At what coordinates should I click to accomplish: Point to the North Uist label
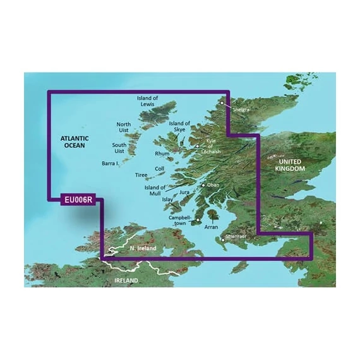coord(126,128)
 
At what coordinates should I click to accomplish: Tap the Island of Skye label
coord(179,127)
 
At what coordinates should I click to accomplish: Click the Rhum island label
coord(161,153)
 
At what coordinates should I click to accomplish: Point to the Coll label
coord(159,169)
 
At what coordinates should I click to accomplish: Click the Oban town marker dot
coord(203,185)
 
